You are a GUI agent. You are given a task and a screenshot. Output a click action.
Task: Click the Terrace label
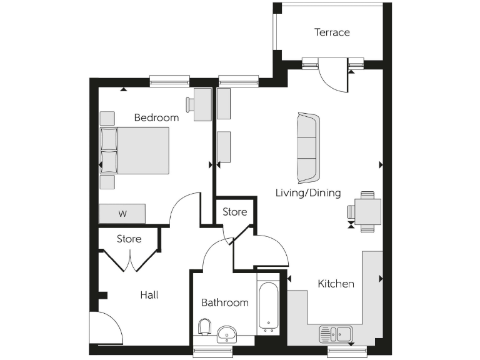332,32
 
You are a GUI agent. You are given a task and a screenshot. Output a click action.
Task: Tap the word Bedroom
156,117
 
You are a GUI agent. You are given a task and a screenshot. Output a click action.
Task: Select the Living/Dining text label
308,192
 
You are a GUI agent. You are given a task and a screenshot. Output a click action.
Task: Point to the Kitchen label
336,284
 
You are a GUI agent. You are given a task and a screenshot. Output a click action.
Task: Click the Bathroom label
224,302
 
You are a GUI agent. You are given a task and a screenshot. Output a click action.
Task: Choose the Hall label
149,294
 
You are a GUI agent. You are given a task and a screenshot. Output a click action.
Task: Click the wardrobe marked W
122,214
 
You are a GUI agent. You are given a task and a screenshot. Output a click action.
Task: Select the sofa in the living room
307,146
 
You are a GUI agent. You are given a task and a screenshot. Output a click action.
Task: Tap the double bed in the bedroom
136,151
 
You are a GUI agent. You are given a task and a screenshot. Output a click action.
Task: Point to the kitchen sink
336,334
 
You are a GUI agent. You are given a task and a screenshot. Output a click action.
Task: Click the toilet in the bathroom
204,328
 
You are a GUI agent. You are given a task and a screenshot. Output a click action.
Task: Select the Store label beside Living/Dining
235,212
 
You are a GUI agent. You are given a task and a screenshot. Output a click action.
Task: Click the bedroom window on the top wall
169,81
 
